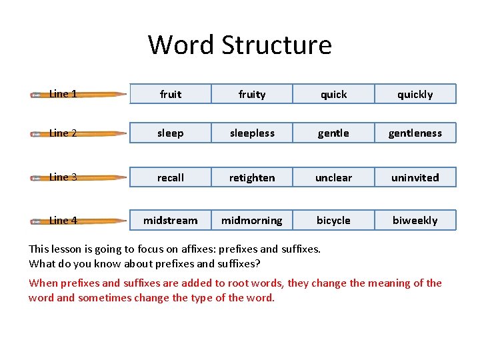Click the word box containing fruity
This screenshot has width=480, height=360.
252,94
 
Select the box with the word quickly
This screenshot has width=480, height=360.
415,94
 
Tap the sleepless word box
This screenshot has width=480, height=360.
252,133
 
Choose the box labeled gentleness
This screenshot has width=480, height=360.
415,133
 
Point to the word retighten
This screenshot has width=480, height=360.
252,177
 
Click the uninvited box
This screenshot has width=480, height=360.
415,177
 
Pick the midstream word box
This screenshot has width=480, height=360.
171,220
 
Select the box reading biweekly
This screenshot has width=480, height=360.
415,220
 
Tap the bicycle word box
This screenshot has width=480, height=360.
333,220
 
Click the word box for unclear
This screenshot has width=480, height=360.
333,177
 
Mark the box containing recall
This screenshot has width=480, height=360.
171,177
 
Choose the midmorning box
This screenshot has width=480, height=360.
252,220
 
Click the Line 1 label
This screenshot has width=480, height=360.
63,94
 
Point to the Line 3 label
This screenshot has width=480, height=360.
63,177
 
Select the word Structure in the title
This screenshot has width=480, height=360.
276,45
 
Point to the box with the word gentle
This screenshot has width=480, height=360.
333,133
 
